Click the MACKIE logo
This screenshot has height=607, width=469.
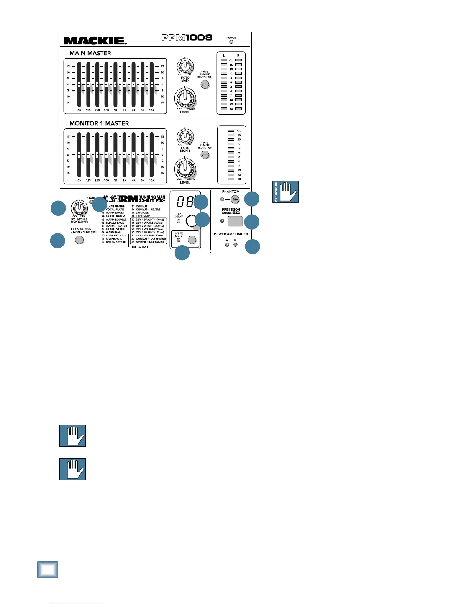click(x=95, y=41)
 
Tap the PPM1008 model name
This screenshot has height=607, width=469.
click(x=187, y=38)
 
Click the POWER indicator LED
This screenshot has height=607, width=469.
click(x=231, y=42)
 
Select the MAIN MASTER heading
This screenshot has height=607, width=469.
click(x=90, y=53)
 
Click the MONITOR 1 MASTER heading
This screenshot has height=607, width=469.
click(x=99, y=123)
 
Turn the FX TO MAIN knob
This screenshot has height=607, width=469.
click(x=185, y=66)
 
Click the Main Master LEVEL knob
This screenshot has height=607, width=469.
click(x=185, y=97)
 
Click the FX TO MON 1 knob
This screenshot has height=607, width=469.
click(x=185, y=136)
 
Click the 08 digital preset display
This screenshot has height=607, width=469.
click(x=185, y=202)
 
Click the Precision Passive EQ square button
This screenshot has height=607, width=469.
click(x=235, y=221)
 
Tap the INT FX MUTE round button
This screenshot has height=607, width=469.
click(x=192, y=240)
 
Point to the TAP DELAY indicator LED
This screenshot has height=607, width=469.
click(x=179, y=221)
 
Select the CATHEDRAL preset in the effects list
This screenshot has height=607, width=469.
click(x=114, y=239)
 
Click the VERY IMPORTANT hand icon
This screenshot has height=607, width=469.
click(x=286, y=192)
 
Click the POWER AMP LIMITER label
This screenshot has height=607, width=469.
click(x=231, y=234)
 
